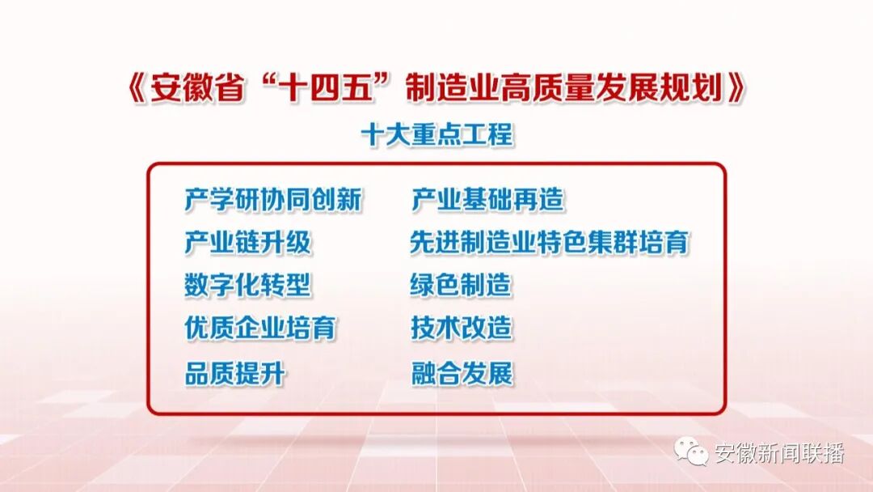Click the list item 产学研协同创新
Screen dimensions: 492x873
(x=272, y=199)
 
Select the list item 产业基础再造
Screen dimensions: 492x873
(x=487, y=199)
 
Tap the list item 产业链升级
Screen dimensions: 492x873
(x=247, y=243)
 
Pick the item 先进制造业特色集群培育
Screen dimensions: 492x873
(x=550, y=243)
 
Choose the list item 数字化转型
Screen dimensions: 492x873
(x=247, y=286)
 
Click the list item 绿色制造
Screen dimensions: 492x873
(x=461, y=286)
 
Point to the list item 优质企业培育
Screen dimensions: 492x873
(x=259, y=329)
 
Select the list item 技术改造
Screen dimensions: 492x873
(x=461, y=329)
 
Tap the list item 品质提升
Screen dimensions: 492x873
(x=234, y=374)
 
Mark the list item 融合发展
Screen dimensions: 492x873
(x=461, y=374)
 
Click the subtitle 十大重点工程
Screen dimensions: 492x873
(x=436, y=134)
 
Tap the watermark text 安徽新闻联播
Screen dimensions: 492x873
(x=779, y=454)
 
